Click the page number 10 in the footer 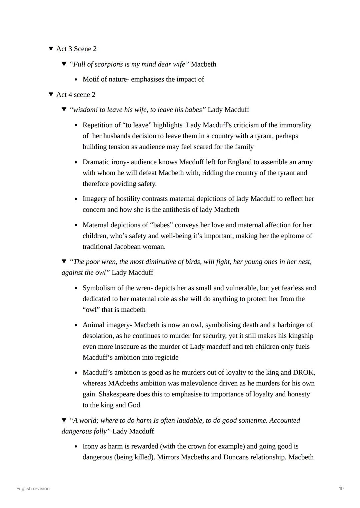tap(341, 489)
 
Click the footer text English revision tap(33, 489)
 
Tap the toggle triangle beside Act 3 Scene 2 tap(51, 49)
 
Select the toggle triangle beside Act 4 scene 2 tap(51, 95)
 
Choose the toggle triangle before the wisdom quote tap(64, 110)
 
